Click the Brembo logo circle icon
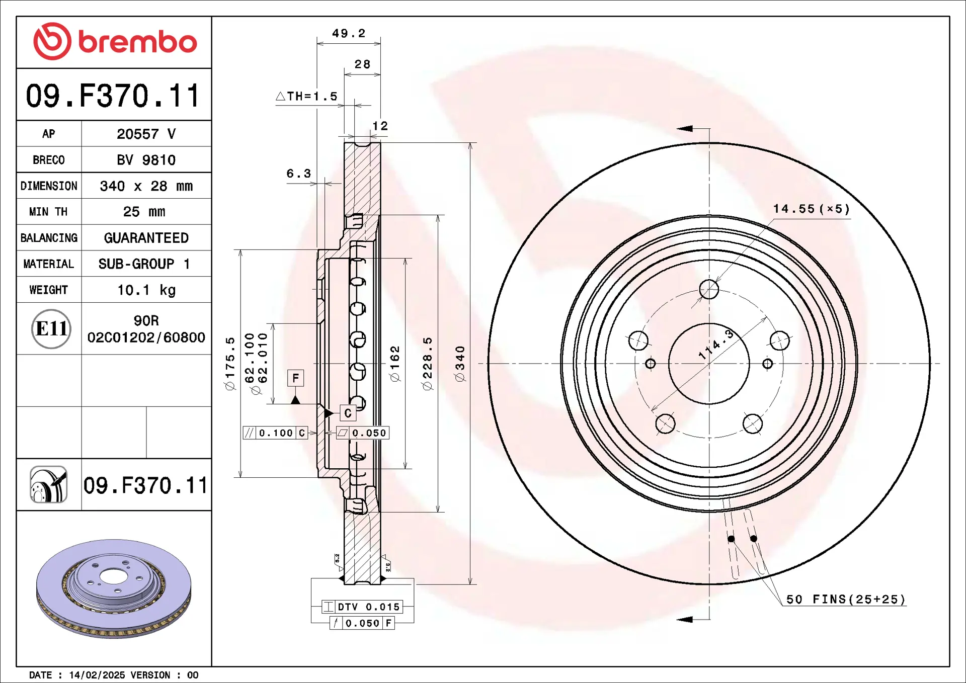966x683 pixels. [52, 41]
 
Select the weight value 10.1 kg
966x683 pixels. [146, 290]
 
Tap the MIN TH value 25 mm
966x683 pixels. [144, 212]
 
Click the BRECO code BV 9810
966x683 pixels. [146, 160]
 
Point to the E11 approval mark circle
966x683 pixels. [51, 329]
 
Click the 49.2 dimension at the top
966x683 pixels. [349, 34]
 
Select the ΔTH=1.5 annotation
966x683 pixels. [307, 96]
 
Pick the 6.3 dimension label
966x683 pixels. [298, 174]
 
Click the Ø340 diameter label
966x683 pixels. [460, 364]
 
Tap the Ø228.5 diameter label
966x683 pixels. [427, 364]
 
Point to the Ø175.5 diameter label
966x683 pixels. [230, 364]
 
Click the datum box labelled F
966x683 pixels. [295, 378]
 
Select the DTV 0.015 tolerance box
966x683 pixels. [362, 607]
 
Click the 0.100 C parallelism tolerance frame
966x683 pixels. [275, 433]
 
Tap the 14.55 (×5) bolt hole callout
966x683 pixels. [811, 209]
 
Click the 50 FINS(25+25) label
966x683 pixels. [845, 600]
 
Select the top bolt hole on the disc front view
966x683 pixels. [709, 289]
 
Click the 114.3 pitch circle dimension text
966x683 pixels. [716, 345]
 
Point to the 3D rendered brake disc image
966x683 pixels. [114, 588]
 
